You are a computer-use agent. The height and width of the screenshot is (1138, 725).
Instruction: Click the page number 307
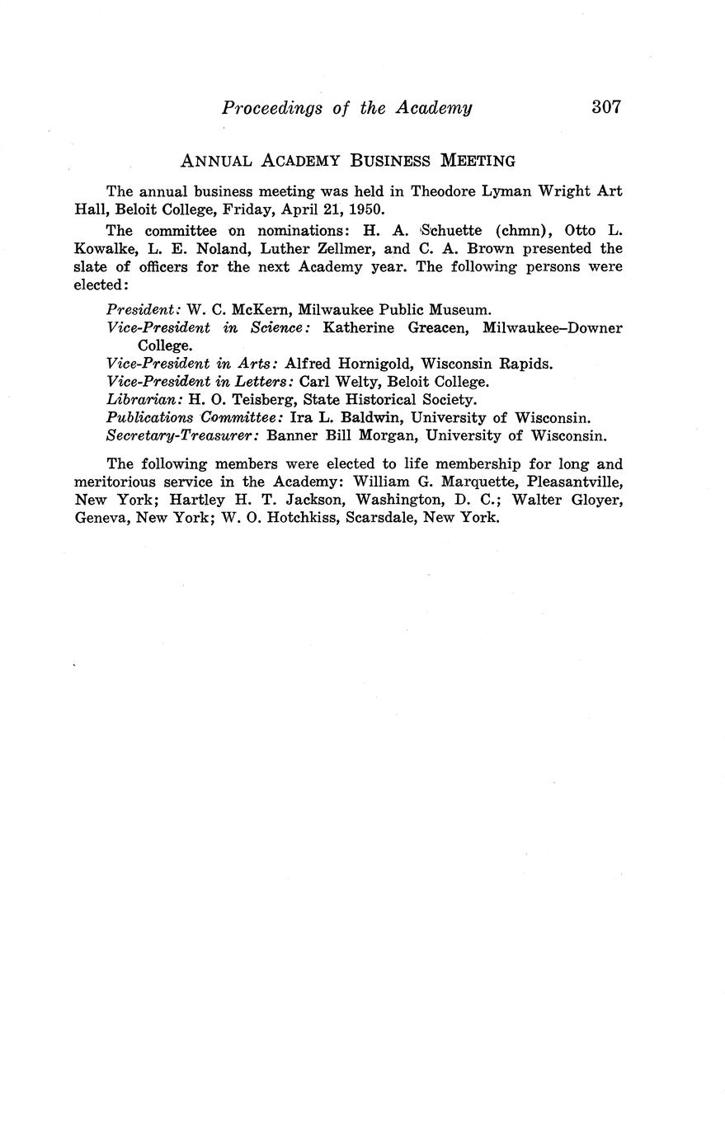tap(605, 106)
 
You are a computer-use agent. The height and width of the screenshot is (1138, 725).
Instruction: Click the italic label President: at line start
tap(144, 310)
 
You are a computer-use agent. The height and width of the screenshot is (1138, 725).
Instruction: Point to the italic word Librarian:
tap(145, 400)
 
